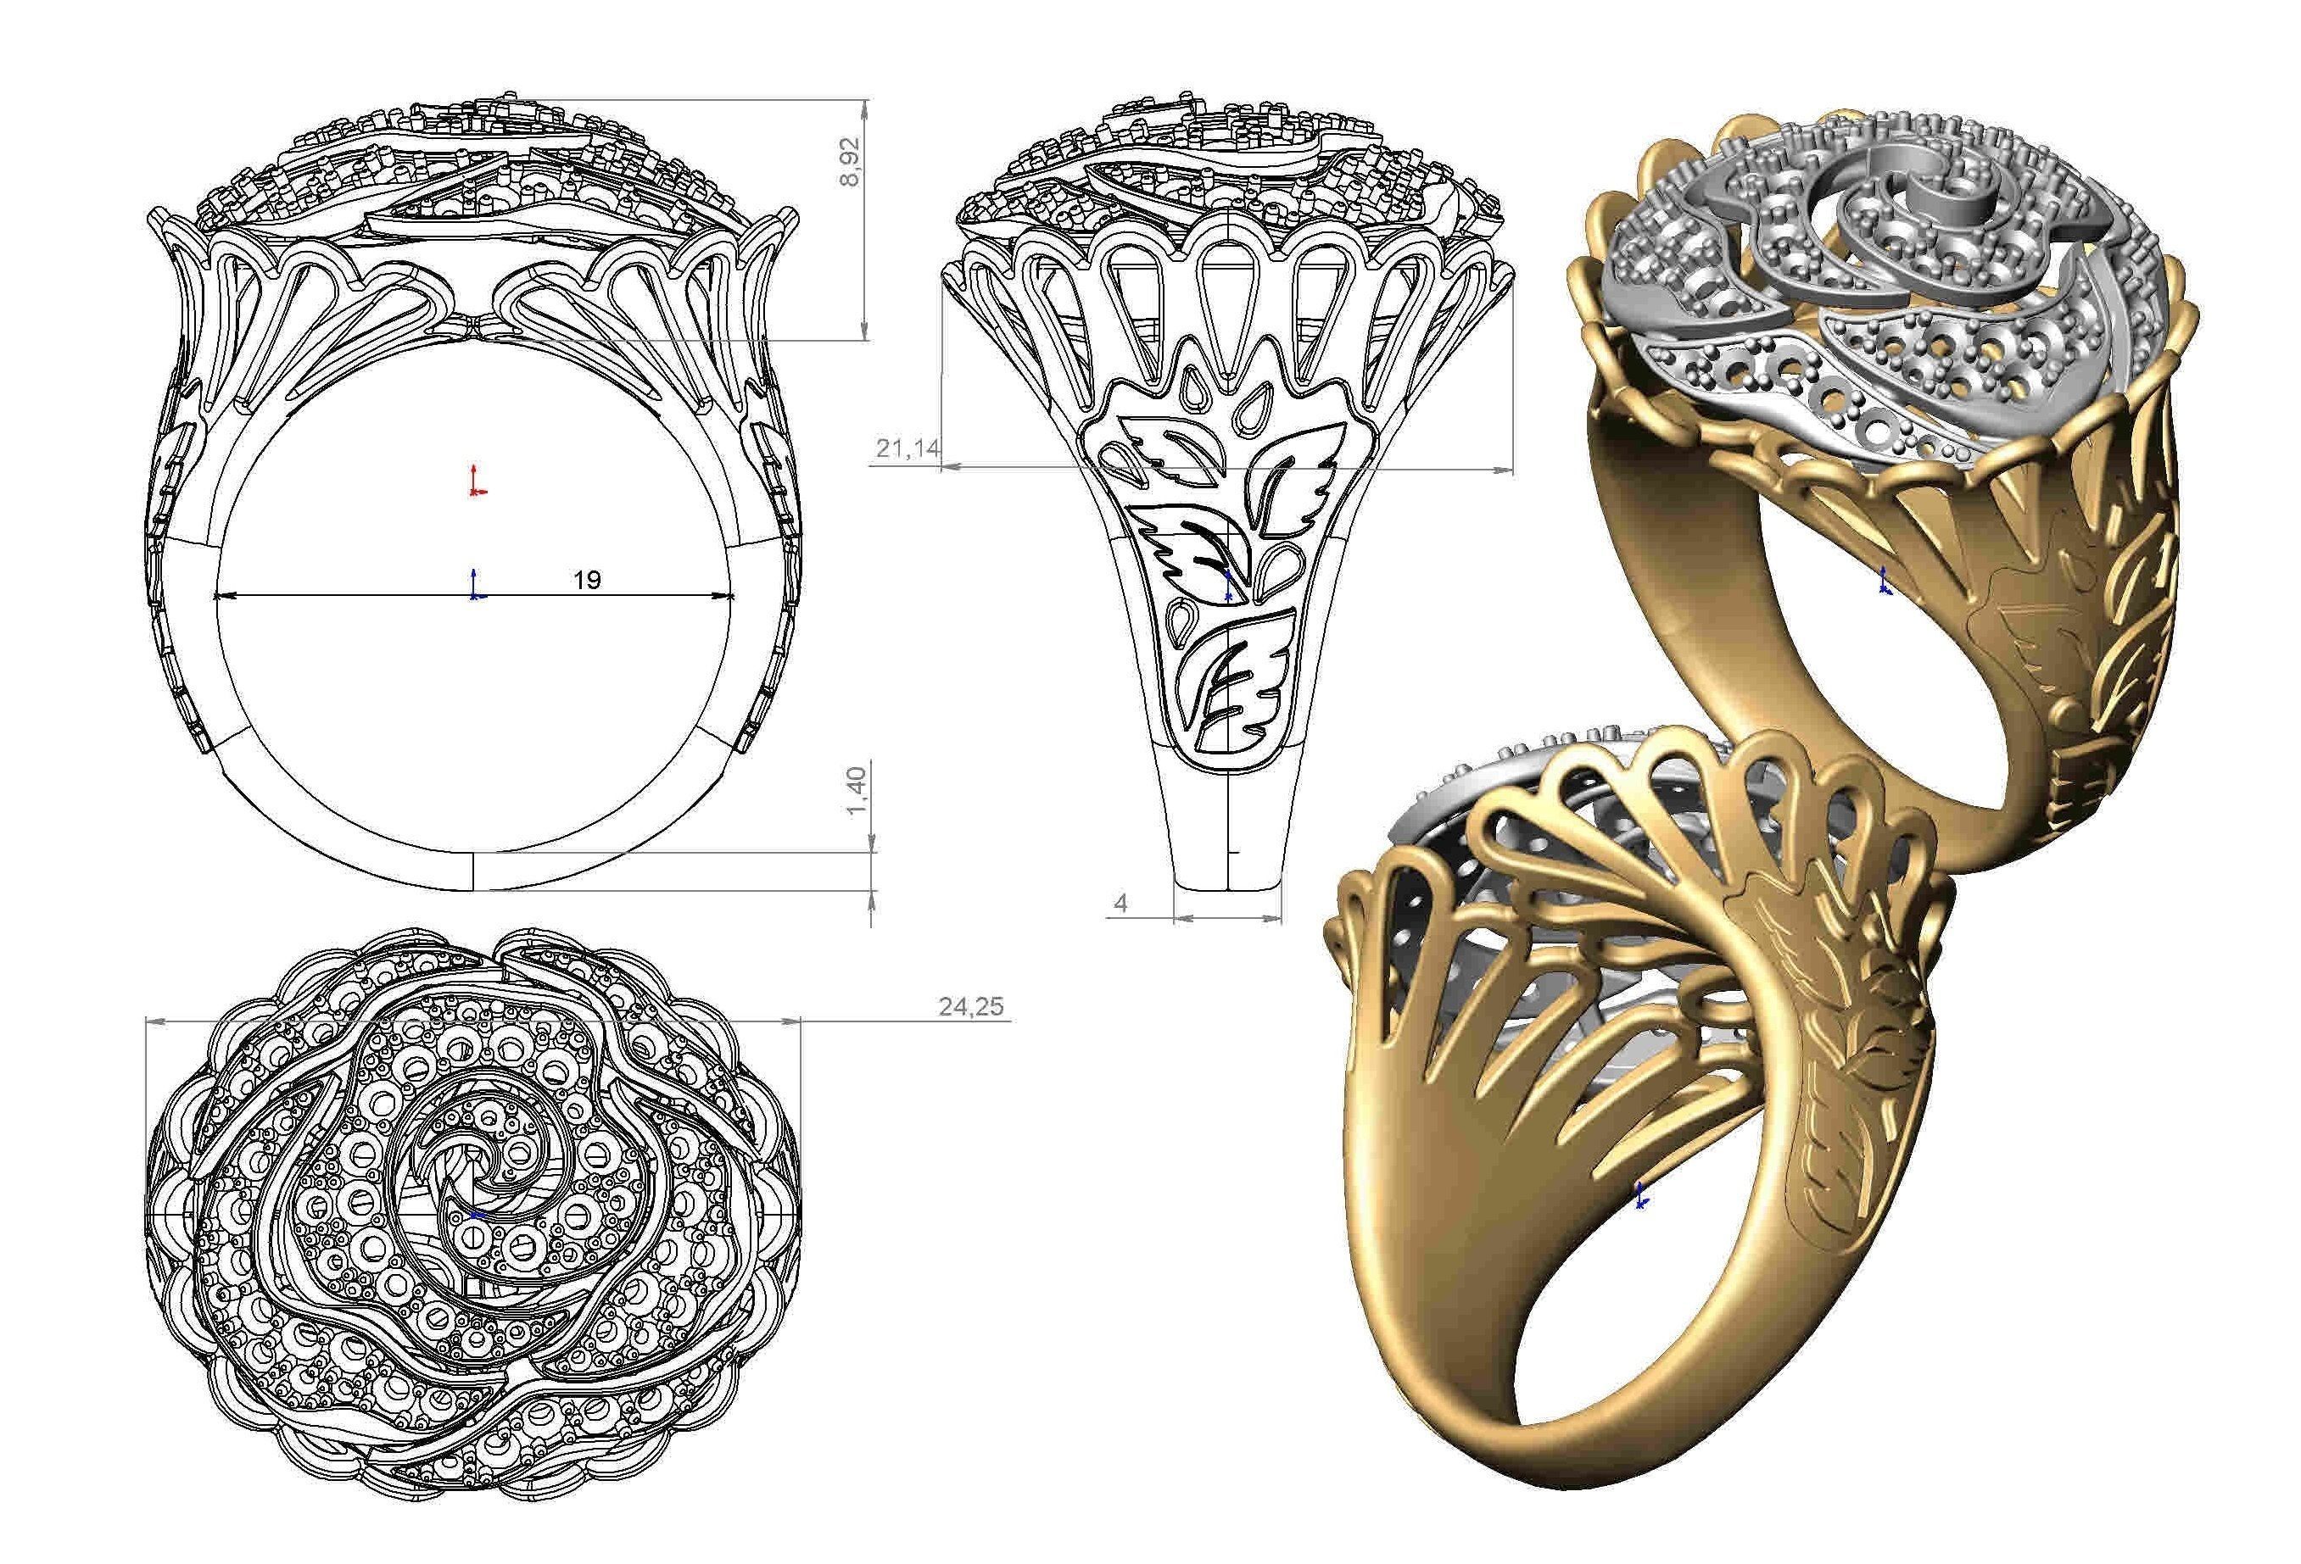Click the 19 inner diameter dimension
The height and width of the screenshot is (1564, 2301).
click(x=587, y=579)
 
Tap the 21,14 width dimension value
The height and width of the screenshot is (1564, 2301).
click(x=907, y=449)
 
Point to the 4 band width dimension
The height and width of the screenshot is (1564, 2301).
click(x=1120, y=903)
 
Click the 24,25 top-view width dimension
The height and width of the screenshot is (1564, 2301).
click(x=970, y=1007)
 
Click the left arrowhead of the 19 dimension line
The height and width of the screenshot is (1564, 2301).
click(x=223, y=596)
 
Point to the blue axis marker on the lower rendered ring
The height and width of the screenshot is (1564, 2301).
click(x=1640, y=1196)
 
